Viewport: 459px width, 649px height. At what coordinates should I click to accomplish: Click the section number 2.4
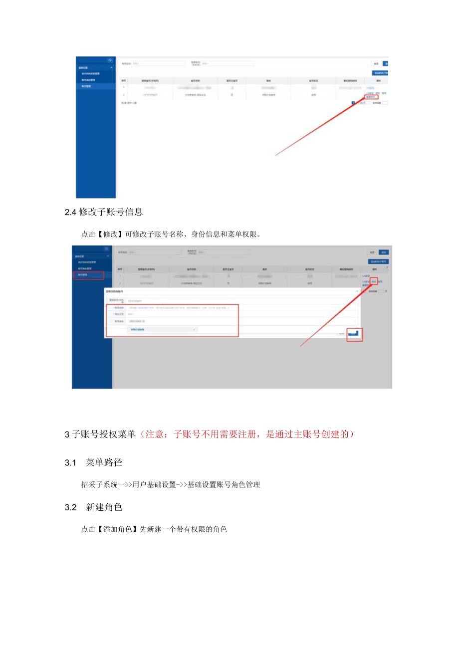click(71, 212)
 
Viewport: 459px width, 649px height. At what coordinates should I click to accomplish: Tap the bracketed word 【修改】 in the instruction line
click(107, 234)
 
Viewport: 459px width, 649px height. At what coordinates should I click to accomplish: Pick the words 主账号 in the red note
click(291, 434)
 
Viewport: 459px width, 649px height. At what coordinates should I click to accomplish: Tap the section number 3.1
click(71, 463)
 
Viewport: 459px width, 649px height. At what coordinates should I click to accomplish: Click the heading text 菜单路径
click(104, 463)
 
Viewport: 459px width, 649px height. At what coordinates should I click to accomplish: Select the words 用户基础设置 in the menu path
click(154, 484)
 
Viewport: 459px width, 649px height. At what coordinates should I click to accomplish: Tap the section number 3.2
click(71, 507)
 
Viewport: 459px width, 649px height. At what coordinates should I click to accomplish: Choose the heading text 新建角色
click(104, 507)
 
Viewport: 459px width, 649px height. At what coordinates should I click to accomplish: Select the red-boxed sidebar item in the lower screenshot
click(89, 275)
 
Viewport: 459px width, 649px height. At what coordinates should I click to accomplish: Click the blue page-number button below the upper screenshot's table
click(353, 103)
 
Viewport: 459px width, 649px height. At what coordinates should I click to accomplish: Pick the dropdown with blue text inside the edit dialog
click(163, 330)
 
